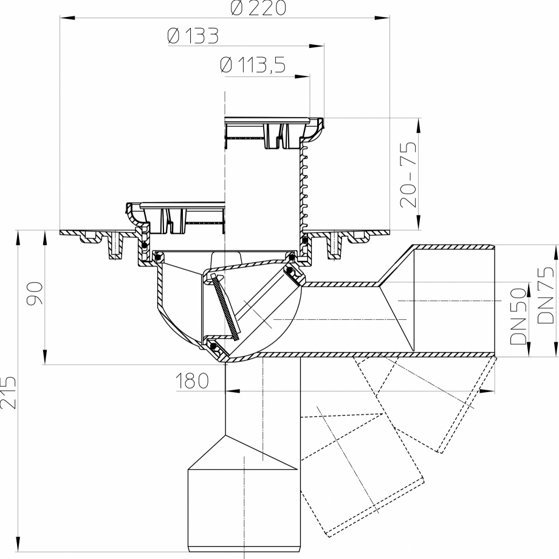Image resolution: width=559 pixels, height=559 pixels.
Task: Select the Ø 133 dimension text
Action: tap(193, 37)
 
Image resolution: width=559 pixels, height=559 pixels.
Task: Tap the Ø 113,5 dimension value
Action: tap(253, 65)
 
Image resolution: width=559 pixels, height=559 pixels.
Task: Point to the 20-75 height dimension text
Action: tap(410, 174)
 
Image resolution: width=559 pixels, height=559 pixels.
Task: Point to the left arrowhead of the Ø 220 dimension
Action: tap(64, 18)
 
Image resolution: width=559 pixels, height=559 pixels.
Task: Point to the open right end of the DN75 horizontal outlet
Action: tap(493, 300)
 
